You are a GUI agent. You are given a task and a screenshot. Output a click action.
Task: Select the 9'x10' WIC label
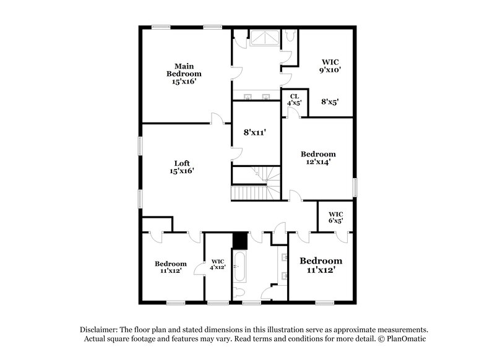(330, 66)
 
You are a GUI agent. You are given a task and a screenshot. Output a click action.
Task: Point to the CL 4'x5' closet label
(294, 99)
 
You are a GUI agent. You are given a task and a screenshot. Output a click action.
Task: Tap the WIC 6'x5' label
(335, 216)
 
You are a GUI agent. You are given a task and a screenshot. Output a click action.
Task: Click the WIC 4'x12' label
(217, 264)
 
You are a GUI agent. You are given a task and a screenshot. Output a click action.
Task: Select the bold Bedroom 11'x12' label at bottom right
(321, 265)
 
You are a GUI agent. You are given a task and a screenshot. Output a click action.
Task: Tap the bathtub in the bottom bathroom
(239, 266)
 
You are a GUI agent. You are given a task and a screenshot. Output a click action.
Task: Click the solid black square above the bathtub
(239, 240)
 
